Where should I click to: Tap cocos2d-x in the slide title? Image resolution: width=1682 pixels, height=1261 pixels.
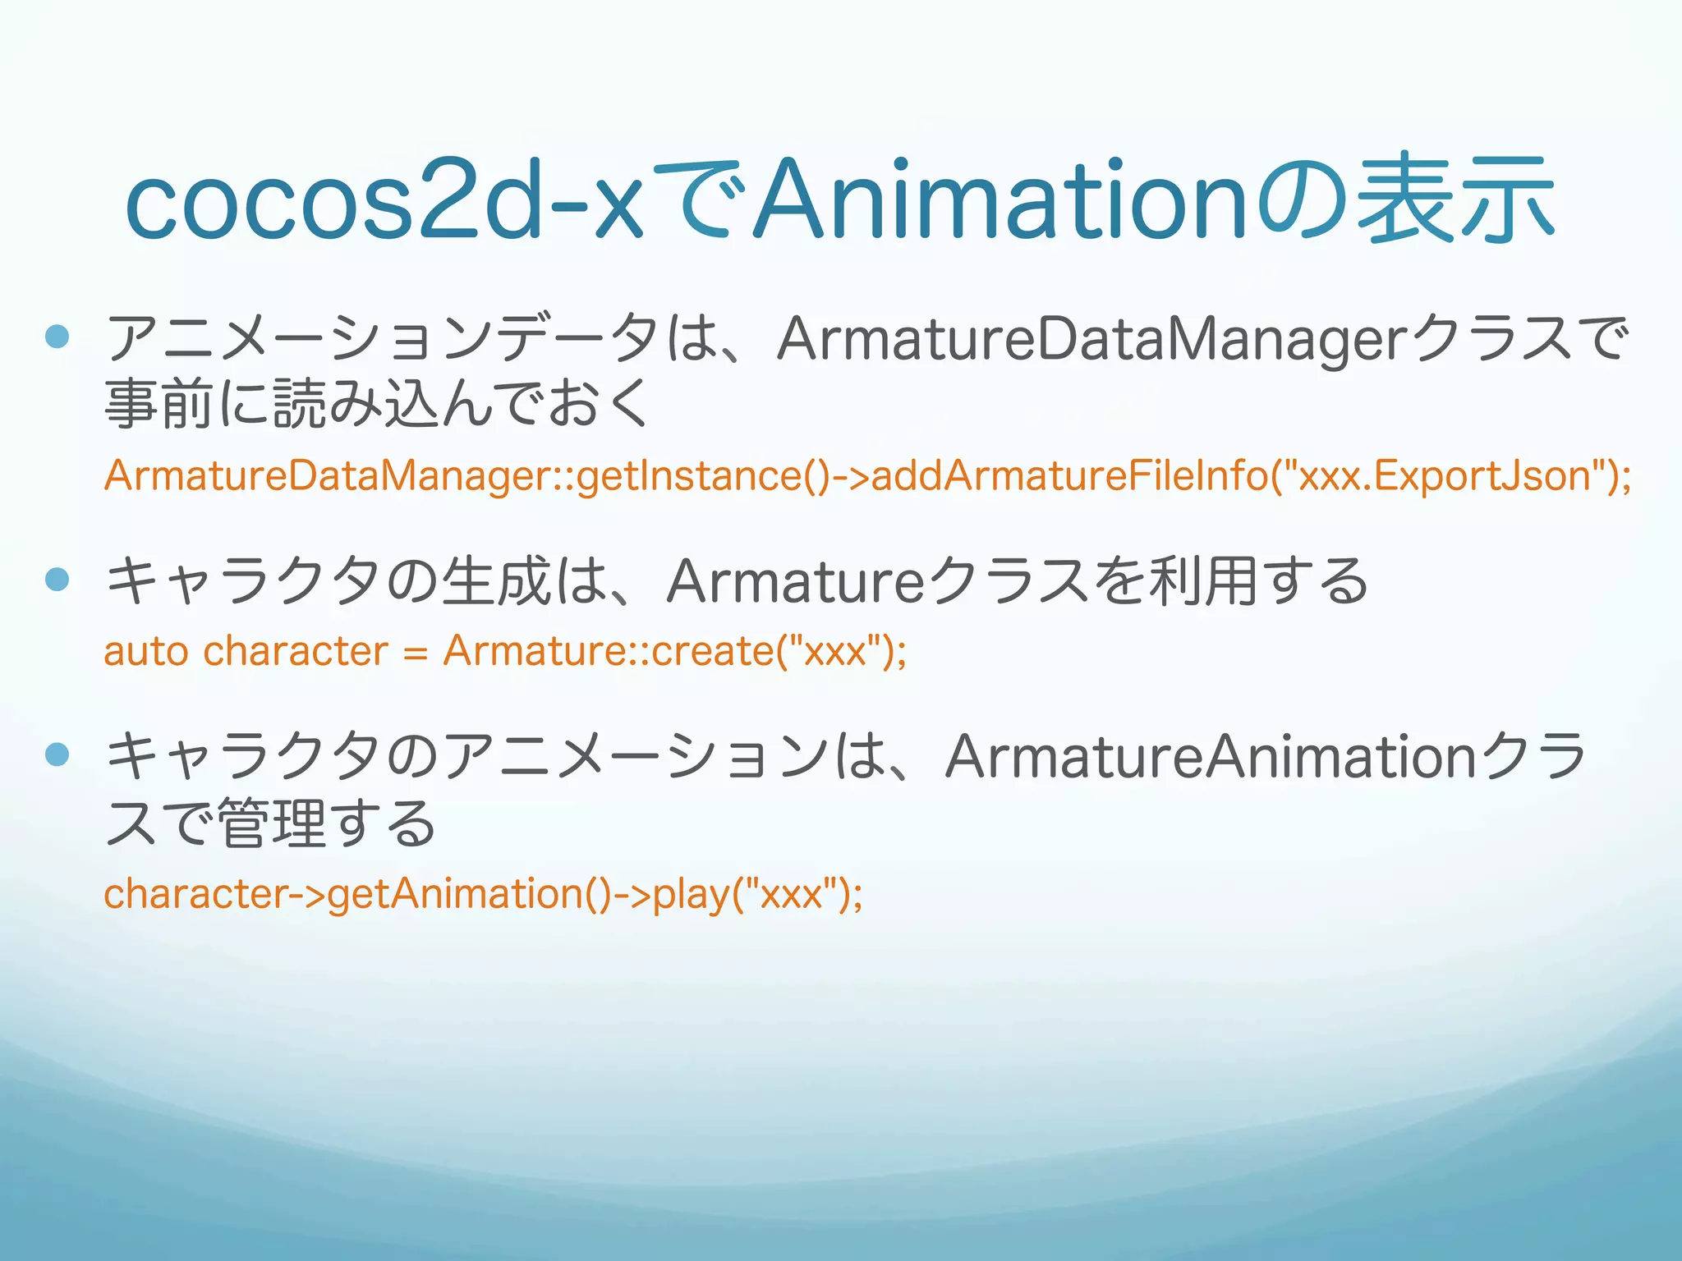(384, 199)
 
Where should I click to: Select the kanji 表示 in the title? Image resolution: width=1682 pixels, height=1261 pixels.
(1455, 199)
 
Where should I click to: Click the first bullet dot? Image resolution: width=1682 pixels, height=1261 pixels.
(57, 337)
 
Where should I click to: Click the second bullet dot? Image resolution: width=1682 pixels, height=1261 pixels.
(57, 580)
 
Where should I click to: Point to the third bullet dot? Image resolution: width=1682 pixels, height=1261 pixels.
(57, 754)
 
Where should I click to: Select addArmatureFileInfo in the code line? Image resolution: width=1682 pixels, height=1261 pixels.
(1068, 476)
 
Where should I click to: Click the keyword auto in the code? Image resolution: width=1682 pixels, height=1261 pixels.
(146, 652)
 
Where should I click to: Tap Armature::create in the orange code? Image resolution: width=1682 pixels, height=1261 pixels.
(608, 652)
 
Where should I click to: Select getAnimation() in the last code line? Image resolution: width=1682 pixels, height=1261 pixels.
(469, 894)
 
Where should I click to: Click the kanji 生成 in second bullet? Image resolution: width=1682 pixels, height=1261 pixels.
(495, 580)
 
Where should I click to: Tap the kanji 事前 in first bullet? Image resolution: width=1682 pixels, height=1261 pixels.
(159, 404)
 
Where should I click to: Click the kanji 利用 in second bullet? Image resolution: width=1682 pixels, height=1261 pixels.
(1203, 580)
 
